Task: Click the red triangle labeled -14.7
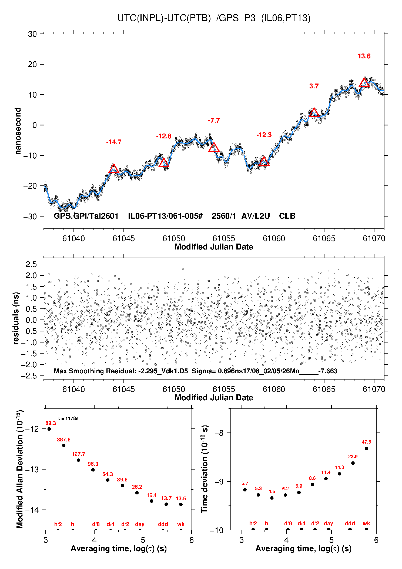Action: pyautogui.click(x=114, y=169)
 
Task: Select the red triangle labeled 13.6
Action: pyautogui.click(x=364, y=83)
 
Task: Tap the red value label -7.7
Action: pyautogui.click(x=214, y=121)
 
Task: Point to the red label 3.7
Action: pyautogui.click(x=314, y=86)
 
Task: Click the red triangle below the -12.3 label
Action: pyautogui.click(x=264, y=161)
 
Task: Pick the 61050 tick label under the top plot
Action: pyautogui.click(x=174, y=238)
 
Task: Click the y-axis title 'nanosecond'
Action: pyautogui.click(x=18, y=131)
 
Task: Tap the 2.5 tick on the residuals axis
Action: pyautogui.click(x=31, y=264)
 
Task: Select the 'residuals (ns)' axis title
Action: pyautogui.click(x=16, y=318)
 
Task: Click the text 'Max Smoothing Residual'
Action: pyautogui.click(x=95, y=371)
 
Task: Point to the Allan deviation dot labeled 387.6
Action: pyautogui.click(x=64, y=445)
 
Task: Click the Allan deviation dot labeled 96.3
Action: pyautogui.click(x=93, y=470)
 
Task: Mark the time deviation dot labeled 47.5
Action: pyautogui.click(x=366, y=448)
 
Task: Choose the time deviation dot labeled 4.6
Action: pyautogui.click(x=272, y=498)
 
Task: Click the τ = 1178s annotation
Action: pyautogui.click(x=68, y=419)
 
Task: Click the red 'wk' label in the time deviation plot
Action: pyautogui.click(x=366, y=524)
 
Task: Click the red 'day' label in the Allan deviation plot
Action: pyautogui.click(x=140, y=524)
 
